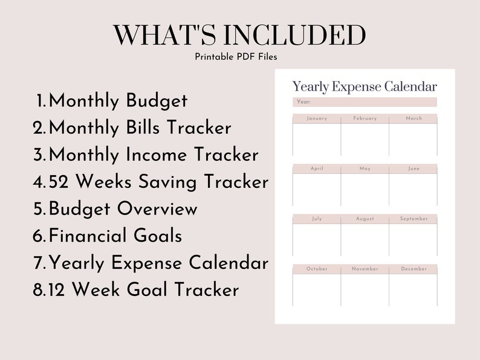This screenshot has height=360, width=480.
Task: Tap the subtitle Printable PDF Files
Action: [x=236, y=57]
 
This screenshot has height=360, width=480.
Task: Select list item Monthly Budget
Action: [x=118, y=101]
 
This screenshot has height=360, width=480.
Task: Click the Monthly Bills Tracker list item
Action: [x=140, y=128]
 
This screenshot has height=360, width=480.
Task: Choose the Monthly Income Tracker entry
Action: [x=154, y=155]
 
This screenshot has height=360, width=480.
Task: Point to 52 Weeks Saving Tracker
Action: [x=158, y=182]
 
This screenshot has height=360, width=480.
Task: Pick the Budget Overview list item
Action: [x=123, y=209]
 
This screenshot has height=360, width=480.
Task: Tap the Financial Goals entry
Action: [x=115, y=236]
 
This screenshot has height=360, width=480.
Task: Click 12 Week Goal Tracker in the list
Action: [x=143, y=290]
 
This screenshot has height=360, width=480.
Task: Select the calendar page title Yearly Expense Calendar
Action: [x=365, y=87]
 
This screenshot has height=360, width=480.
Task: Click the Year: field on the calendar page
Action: [x=365, y=102]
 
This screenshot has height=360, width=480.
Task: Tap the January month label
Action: [x=317, y=118]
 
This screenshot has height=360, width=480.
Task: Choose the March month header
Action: [x=414, y=118]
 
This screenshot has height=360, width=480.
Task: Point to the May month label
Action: [x=365, y=169]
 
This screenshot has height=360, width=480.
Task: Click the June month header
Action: [x=414, y=169]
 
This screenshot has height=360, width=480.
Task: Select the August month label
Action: [x=365, y=219]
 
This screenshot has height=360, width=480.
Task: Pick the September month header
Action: [x=414, y=219]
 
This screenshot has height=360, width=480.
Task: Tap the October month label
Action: [x=317, y=269]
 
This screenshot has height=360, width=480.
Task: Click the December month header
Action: [x=414, y=269]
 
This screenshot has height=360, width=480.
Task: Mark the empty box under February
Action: [x=365, y=140]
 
